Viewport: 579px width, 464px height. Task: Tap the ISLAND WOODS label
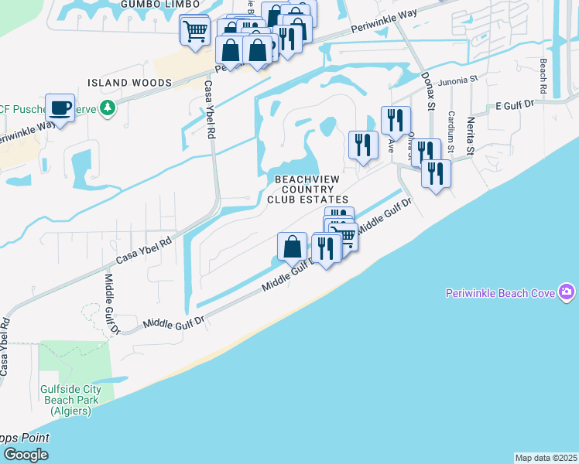click(129, 83)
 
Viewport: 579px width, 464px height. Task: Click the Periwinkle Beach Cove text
click(502, 292)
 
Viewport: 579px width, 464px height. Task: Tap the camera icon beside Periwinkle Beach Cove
click(568, 292)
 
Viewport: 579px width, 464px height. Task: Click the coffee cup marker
click(60, 107)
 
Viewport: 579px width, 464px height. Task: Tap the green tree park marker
click(109, 107)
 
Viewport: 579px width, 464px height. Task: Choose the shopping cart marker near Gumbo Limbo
click(194, 32)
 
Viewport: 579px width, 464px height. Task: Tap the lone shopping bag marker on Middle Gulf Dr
click(293, 247)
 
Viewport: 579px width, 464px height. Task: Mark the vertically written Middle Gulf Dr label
click(110, 304)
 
